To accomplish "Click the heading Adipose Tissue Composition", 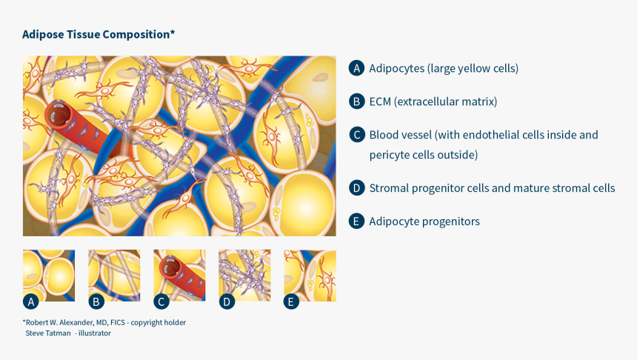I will (x=98, y=34).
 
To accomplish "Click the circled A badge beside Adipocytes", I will (x=356, y=68).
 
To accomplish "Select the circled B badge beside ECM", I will (x=356, y=101).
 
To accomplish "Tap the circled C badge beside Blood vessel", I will (x=356, y=135).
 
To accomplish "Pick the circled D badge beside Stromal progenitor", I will (x=356, y=188).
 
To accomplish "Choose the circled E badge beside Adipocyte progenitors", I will (x=356, y=221).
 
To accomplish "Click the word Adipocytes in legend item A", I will (x=397, y=68).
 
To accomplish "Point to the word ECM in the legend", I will (x=381, y=101).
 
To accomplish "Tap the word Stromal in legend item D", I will (x=387, y=188).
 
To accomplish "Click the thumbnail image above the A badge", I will (x=49, y=275).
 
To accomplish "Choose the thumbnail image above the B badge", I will (x=114, y=275).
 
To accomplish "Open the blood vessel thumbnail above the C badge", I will (x=179, y=275).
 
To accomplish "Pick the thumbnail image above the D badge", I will (x=244, y=275).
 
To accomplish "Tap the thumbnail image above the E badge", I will (x=310, y=275).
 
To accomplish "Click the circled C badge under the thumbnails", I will (x=161, y=301).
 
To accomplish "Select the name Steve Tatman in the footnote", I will (x=48, y=333).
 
